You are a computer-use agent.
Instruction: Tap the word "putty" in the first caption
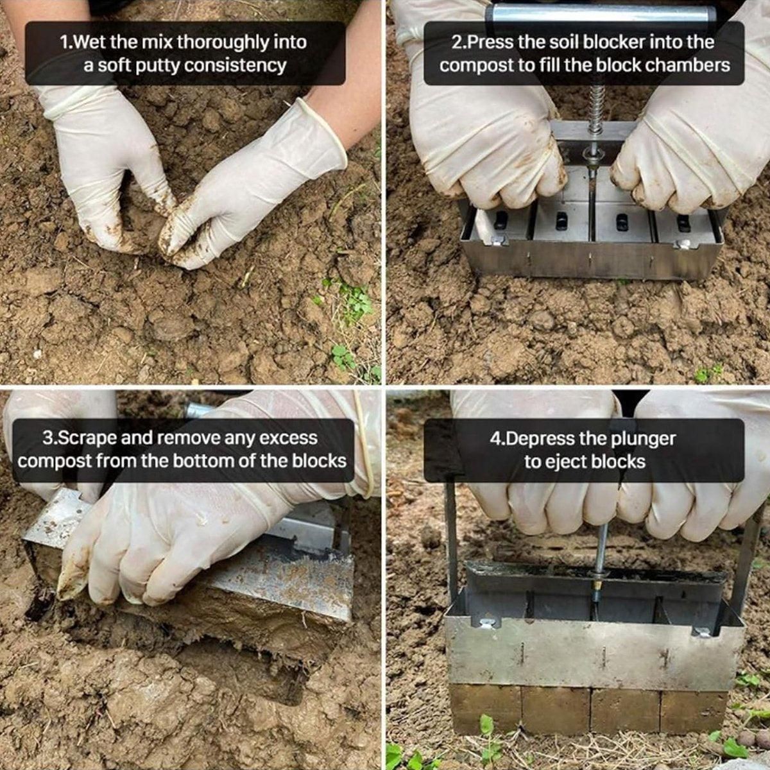pyautogui.click(x=157, y=65)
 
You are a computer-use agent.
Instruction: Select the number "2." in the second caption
pyautogui.click(x=459, y=42)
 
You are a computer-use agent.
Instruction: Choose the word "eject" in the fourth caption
pyautogui.click(x=569, y=462)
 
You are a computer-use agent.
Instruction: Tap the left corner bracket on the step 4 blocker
pyautogui.click(x=486, y=623)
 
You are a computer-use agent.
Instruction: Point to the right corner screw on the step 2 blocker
pyautogui.click(x=685, y=244)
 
